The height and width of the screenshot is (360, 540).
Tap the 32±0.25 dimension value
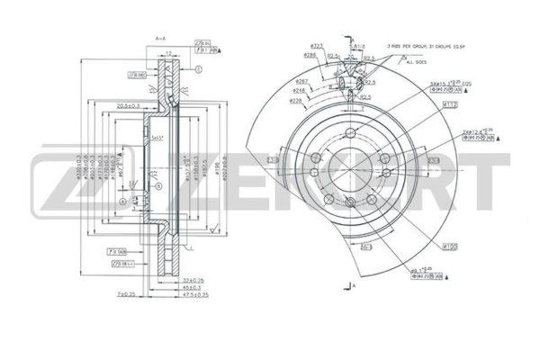coord(191,281)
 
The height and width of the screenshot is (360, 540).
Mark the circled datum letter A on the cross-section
coord(121,202)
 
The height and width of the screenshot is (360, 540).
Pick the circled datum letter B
coord(158,186)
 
